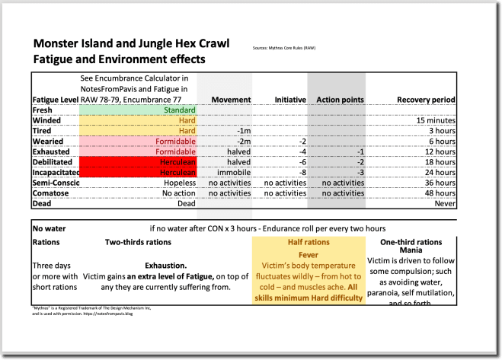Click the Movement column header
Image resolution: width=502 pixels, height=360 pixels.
tap(231, 100)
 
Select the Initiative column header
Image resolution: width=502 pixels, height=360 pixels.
tap(290, 100)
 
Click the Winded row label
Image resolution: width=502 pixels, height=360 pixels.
tap(46, 120)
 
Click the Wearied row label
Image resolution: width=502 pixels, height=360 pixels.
tap(48, 141)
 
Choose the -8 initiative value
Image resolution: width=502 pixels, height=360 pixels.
tap(302, 172)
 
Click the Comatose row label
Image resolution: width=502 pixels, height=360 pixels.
tap(50, 193)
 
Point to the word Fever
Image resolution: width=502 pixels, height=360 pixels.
tap(308, 254)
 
